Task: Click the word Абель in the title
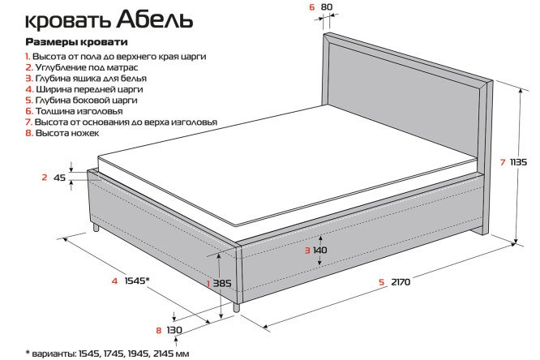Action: (155, 19)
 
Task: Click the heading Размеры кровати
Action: (77, 42)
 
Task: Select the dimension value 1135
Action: (518, 161)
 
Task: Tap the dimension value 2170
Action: (401, 282)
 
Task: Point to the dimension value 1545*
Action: (137, 281)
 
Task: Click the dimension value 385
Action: (222, 284)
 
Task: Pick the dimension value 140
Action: (320, 250)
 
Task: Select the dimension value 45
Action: (59, 178)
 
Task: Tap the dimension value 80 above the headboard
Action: (327, 6)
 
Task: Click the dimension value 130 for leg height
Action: (174, 330)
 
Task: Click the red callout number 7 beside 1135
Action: (503, 162)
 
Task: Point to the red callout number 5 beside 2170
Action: (381, 282)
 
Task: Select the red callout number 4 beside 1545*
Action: (114, 281)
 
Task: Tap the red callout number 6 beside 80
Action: (312, 6)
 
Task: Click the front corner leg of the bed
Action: (236, 307)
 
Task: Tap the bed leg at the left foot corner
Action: (96, 228)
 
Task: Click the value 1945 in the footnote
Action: (139, 354)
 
